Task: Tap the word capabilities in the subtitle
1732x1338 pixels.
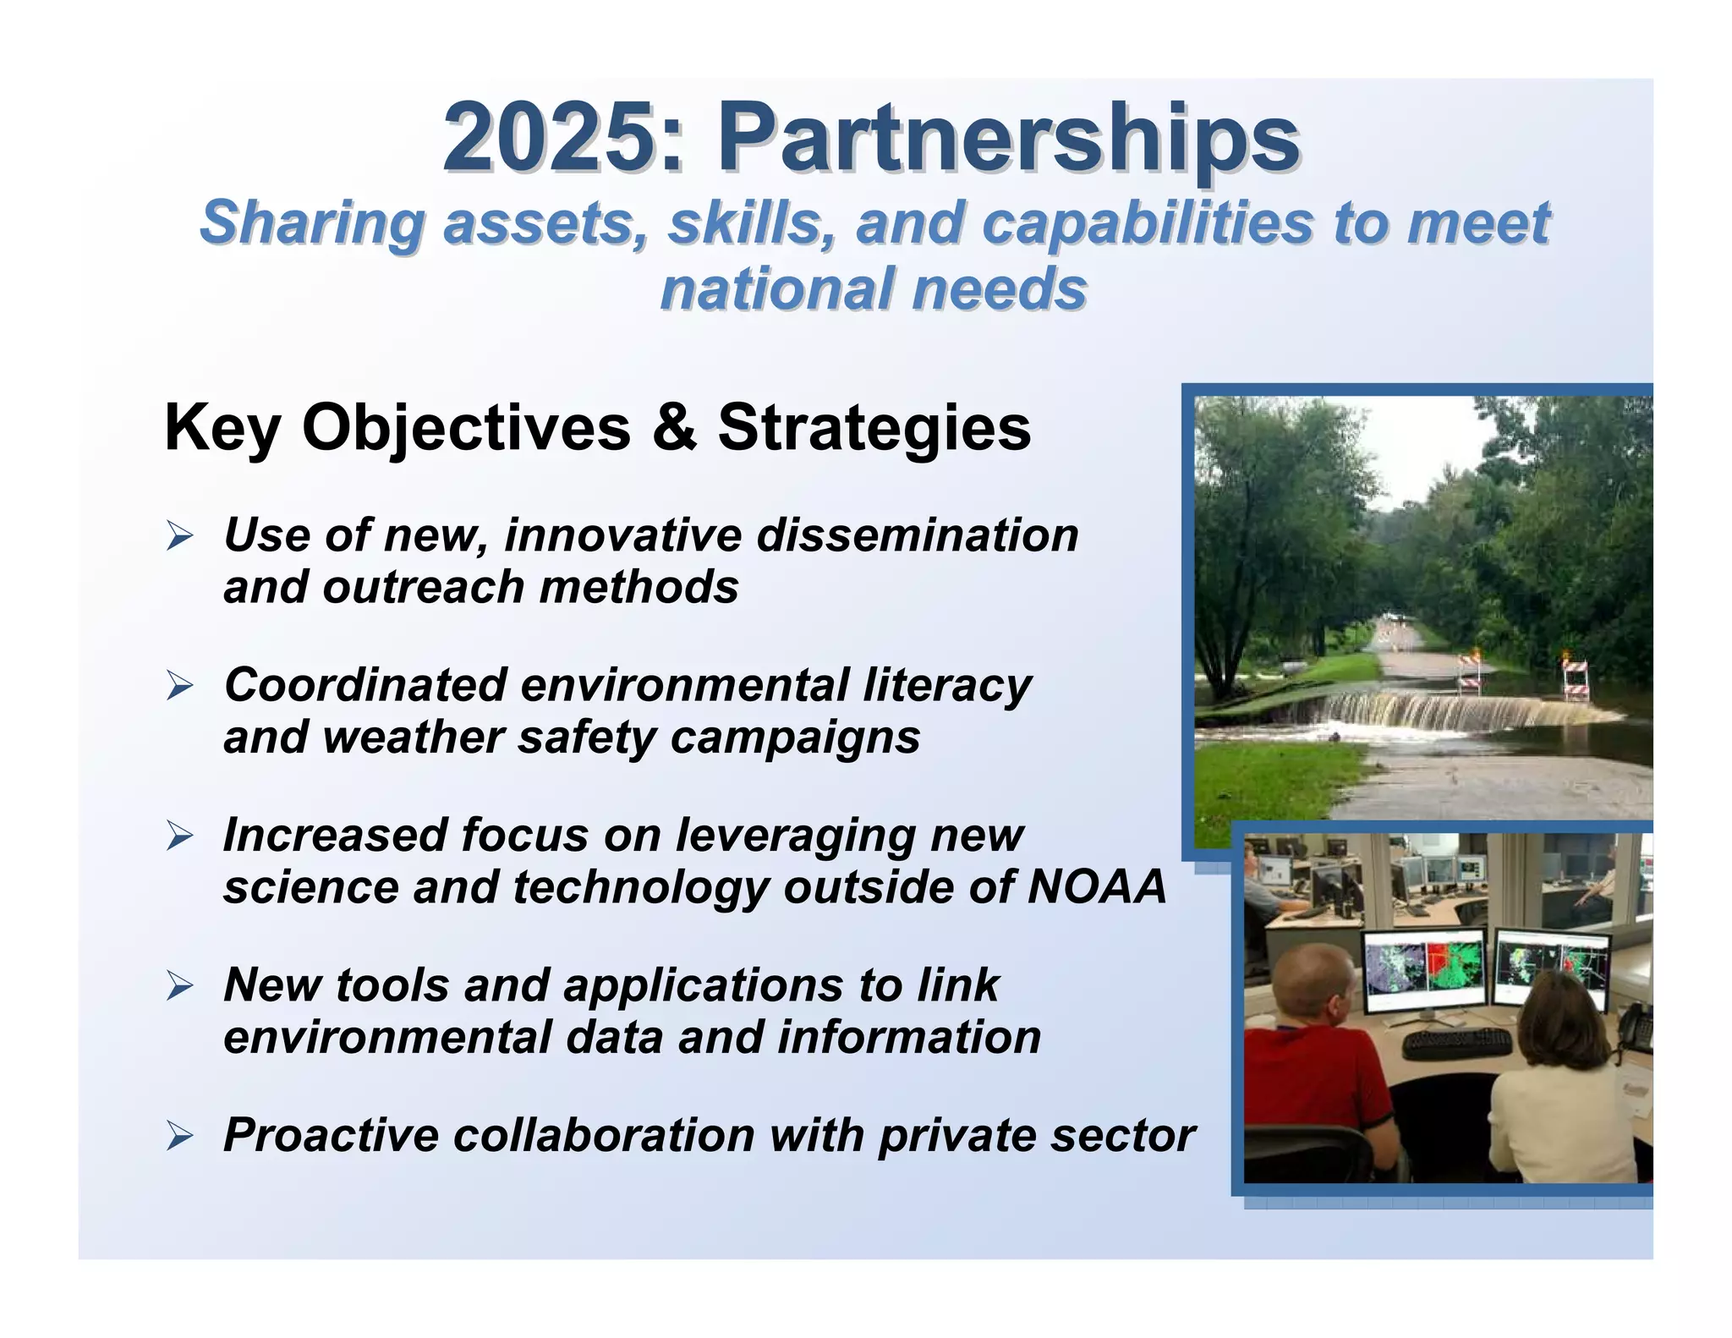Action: pyautogui.click(x=1148, y=223)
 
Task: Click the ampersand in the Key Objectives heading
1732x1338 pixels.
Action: pyautogui.click(x=674, y=427)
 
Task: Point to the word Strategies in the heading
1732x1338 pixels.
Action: pyautogui.click(x=874, y=427)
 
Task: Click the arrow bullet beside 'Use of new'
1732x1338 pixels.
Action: pyautogui.click(x=180, y=535)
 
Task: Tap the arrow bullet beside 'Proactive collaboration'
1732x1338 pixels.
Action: pyautogui.click(x=180, y=1136)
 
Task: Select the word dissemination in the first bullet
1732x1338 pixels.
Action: pyautogui.click(x=917, y=535)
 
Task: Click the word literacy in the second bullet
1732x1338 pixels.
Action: pyautogui.click(x=946, y=684)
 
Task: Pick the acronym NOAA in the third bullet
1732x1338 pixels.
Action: pyautogui.click(x=1097, y=886)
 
